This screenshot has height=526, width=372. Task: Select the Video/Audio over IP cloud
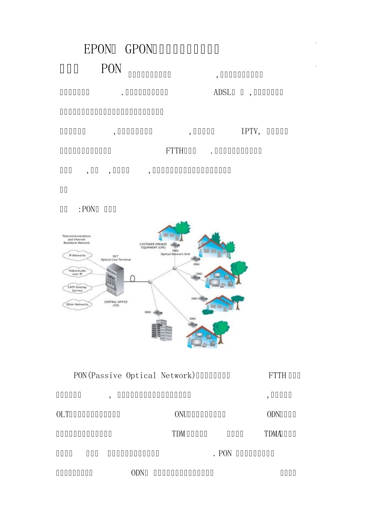[x=77, y=272]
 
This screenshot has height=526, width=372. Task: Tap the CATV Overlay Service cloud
[x=77, y=289]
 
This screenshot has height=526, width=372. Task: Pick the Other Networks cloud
[x=77, y=304]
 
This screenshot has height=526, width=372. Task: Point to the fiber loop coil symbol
[x=132, y=279]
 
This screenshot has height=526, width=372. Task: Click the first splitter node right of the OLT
[x=150, y=281]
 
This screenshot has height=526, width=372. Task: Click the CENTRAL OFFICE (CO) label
[x=116, y=303]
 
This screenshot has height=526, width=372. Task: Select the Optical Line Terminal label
[x=116, y=259]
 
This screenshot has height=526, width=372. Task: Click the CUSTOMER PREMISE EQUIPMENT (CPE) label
[x=153, y=245]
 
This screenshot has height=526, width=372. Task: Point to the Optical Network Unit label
[x=175, y=254]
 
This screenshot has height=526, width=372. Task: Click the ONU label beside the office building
[x=148, y=312]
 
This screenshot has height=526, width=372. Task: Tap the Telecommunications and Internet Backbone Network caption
[x=76, y=240]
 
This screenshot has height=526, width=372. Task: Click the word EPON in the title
[x=98, y=49]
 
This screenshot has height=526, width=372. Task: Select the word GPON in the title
[x=138, y=49]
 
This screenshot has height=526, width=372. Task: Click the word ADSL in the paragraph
[x=222, y=92]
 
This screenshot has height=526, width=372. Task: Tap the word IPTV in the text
[x=249, y=131]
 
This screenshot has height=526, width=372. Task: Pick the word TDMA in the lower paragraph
[x=273, y=434]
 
